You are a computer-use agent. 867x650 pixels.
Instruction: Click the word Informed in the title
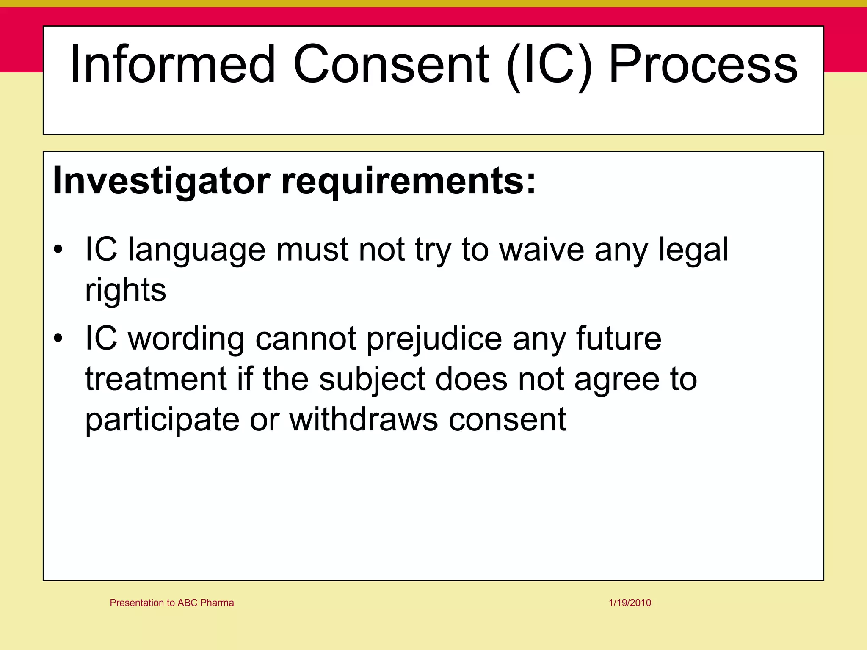click(173, 64)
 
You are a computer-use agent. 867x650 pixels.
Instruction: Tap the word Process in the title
click(702, 64)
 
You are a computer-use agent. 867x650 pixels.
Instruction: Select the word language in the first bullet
click(197, 251)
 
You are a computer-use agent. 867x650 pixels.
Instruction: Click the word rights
click(126, 291)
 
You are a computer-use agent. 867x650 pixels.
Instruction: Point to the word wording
click(186, 339)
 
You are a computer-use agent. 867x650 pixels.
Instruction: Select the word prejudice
click(434, 339)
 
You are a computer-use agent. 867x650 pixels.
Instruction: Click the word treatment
click(156, 379)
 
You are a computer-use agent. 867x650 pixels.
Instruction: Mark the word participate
click(162, 420)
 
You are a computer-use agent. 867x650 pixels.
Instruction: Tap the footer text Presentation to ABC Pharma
click(172, 603)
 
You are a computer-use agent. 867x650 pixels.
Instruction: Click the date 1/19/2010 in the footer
click(630, 603)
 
